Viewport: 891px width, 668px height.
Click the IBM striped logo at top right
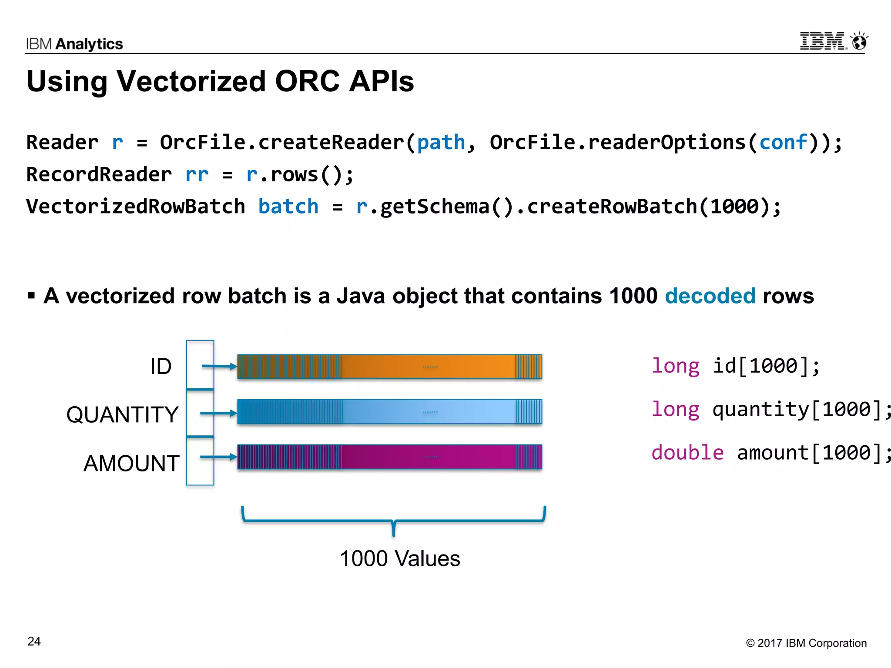pos(822,41)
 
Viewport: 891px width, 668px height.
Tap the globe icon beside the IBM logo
pos(859,42)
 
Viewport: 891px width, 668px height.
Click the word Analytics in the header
pos(89,44)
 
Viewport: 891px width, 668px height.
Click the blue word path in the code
pos(441,143)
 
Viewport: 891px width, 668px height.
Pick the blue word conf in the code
pos(783,143)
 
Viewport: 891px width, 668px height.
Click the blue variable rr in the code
pos(197,174)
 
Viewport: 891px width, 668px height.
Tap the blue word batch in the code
pos(288,206)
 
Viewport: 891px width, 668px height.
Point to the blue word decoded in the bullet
pos(710,296)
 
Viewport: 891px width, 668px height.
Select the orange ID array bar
pos(389,367)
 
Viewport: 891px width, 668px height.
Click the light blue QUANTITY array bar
pos(389,411)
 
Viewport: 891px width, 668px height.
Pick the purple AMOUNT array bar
pos(389,457)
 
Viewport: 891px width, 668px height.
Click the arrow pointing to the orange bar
pos(219,366)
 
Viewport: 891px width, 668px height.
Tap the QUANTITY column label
pos(122,414)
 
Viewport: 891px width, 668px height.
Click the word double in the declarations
pos(687,453)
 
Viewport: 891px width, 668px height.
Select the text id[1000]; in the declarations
pos(766,366)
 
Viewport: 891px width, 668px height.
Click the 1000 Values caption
pos(399,558)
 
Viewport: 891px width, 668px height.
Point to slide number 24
pos(34,641)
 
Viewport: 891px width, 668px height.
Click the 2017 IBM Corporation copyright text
pos(806,643)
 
